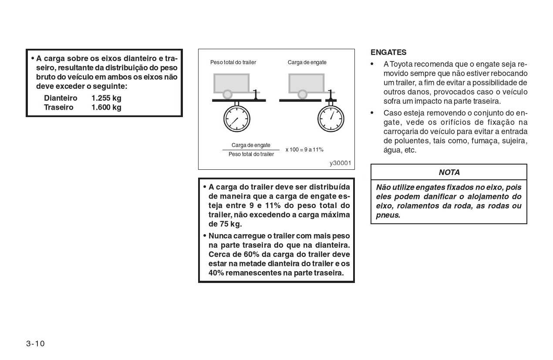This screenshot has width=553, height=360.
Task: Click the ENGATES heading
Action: tap(388, 52)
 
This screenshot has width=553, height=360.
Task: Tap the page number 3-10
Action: tap(35, 343)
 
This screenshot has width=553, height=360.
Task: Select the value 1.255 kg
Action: tap(106, 98)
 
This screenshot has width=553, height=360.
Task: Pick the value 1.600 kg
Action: tap(106, 107)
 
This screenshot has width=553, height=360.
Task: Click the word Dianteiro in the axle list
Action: tap(61, 98)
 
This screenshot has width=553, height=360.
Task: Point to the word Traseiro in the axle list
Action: tap(59, 107)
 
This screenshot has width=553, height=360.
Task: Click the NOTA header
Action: tap(449, 172)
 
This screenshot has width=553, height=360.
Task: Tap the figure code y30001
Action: tap(340, 163)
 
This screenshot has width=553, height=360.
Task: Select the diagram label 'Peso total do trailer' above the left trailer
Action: tap(233, 62)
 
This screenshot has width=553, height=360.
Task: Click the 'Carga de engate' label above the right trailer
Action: tap(307, 62)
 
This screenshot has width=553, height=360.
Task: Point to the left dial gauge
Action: tap(237, 119)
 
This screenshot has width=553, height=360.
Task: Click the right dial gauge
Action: tap(331, 119)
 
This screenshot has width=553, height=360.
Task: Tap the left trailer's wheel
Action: tap(227, 94)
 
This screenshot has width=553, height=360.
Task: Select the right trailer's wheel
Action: tap(302, 94)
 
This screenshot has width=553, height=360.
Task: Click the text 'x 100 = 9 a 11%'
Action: tap(304, 150)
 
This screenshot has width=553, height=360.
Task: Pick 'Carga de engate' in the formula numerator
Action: tap(251, 145)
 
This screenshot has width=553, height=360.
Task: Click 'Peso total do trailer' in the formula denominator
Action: tap(251, 155)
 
